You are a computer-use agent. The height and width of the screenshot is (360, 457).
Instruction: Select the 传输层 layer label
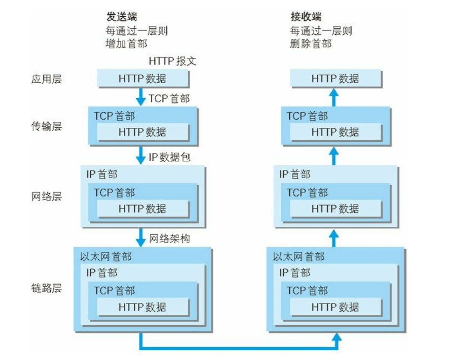(x=47, y=127)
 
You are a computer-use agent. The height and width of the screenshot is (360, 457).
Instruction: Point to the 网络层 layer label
(x=47, y=196)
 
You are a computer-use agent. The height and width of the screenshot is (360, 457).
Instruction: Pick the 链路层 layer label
(x=47, y=288)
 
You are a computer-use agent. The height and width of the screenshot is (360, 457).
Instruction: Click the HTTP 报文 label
(x=172, y=61)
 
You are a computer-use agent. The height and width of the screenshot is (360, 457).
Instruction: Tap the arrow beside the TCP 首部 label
(x=141, y=96)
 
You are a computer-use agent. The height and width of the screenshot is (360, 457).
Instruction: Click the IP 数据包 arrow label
(x=169, y=157)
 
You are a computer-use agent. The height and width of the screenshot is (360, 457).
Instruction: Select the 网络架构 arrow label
(x=169, y=239)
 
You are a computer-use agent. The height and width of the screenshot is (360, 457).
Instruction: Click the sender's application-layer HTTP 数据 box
(x=142, y=79)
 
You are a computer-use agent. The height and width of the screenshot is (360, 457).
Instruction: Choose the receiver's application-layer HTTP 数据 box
(x=335, y=79)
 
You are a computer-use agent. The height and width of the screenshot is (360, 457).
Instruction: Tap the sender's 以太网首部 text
(x=106, y=257)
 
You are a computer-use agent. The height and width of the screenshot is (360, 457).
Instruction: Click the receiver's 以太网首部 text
(x=299, y=257)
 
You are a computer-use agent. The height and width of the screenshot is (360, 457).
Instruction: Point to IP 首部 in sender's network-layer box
(x=102, y=174)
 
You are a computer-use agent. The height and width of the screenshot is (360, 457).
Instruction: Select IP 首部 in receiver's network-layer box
(x=295, y=174)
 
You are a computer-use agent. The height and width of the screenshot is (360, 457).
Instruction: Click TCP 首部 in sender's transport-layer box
(x=114, y=116)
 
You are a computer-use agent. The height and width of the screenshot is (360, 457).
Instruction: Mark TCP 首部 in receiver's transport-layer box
(x=307, y=116)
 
